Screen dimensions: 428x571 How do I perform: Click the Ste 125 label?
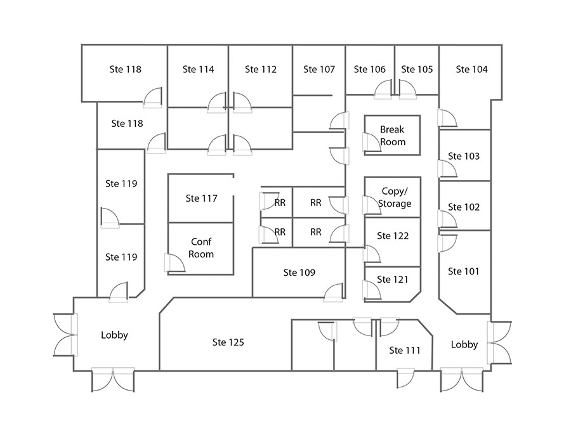228,342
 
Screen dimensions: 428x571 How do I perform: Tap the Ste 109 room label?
299,273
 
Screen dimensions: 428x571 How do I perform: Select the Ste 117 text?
201,198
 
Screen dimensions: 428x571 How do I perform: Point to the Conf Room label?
201,248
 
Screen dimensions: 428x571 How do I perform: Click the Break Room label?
392,136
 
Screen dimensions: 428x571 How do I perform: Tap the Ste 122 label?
393,236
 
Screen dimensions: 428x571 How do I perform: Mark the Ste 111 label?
405,350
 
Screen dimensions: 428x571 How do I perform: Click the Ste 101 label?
463,271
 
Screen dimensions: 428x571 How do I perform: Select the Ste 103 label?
464,156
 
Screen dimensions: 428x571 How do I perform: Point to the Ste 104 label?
472,69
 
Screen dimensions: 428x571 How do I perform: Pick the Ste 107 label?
318,69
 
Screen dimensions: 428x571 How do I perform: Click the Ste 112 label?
261,69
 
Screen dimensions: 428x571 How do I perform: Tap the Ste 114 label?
198,69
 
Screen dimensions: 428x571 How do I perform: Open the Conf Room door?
173,263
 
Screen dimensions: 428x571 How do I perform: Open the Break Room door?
370,142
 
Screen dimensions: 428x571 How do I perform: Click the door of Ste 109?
334,292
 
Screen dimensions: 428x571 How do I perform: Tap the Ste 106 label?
370,69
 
